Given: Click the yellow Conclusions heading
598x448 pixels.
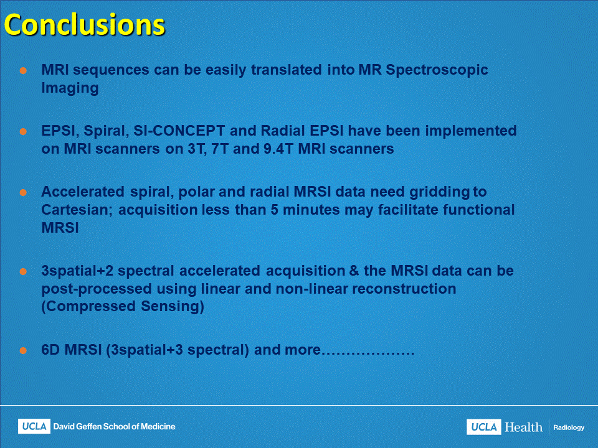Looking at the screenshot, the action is click(84, 25).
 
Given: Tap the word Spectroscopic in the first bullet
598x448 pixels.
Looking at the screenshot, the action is click(437, 70).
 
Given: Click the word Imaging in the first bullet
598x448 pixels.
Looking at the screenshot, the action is click(70, 88).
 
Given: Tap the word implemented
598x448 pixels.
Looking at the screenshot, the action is click(471, 131).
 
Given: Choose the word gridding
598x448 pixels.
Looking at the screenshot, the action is click(440, 192).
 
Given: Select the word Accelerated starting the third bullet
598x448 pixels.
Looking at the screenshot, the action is click(83, 192).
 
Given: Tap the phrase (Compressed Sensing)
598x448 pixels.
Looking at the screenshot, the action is click(123, 306).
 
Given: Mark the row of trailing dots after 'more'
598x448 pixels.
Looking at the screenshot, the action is click(368, 354).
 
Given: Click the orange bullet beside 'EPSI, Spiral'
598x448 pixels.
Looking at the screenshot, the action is click(23, 132).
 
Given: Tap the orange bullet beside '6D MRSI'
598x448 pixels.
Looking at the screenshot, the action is click(23, 351).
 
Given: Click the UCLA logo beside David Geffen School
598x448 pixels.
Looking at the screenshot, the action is click(34, 427).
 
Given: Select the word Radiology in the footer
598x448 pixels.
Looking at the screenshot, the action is click(569, 428).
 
